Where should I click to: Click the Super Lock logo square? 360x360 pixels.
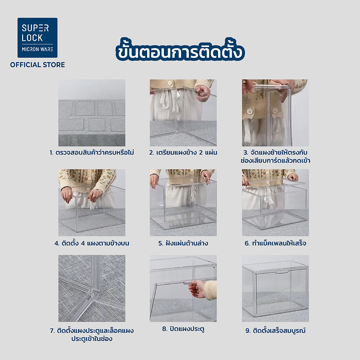coord(37,38)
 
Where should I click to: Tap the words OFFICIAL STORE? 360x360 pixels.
coord(37,65)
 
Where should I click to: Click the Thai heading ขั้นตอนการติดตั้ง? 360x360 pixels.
coord(180,50)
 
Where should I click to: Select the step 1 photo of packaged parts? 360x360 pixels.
coord(92,113)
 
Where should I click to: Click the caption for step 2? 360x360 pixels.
coord(183,152)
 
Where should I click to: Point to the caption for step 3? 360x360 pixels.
coord(275,156)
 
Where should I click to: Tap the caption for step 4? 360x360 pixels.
coord(92,243)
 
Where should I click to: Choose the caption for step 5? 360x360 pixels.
coord(183,243)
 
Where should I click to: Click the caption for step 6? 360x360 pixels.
coord(275,243)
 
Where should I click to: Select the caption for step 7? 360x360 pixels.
coord(92,334)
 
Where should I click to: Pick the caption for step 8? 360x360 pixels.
coord(183,329)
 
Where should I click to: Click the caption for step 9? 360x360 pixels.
coord(275,330)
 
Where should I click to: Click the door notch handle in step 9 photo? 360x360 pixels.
coord(282,272)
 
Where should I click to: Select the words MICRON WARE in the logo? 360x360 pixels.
coord(37,49)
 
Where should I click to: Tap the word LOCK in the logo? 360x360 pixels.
coord(32,38)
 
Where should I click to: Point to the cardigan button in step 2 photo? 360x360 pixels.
coord(170,83)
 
